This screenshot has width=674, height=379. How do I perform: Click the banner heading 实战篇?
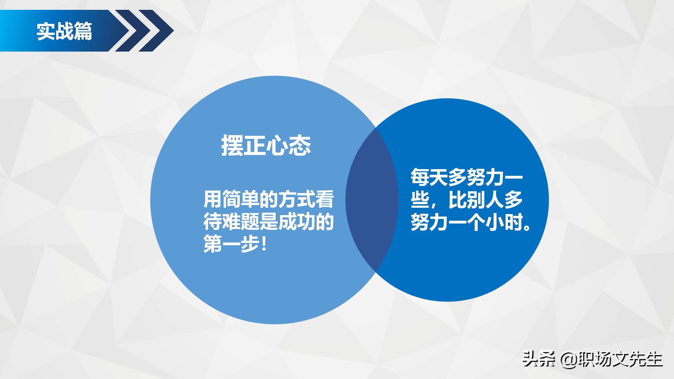pyautogui.click(x=64, y=31)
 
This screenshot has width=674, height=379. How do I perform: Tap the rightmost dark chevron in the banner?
pyautogui.click(x=157, y=31)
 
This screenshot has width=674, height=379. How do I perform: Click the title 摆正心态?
pyautogui.click(x=266, y=145)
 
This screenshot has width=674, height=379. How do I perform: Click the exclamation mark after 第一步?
pyautogui.click(x=264, y=244)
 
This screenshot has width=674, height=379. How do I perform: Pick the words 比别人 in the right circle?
pyautogui.click(x=476, y=200)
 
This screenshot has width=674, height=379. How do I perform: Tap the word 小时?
pyautogui.click(x=504, y=222)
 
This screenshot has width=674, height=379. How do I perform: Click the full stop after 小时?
pyautogui.click(x=527, y=227)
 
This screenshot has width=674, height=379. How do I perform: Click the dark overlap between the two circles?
pyautogui.click(x=372, y=200)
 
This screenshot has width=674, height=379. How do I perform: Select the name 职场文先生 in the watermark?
pyautogui.click(x=620, y=359)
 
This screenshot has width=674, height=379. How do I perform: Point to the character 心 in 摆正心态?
pyautogui.click(x=277, y=145)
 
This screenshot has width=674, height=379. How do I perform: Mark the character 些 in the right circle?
pyautogui.click(x=420, y=200)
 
